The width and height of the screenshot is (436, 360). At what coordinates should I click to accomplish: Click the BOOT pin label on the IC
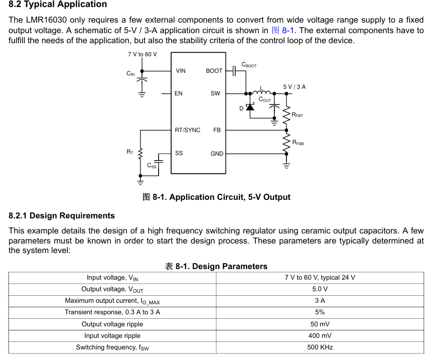coord(214,71)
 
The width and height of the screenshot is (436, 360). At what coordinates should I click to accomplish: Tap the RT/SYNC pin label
coord(187,130)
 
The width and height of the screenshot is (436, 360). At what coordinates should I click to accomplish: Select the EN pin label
coord(179,93)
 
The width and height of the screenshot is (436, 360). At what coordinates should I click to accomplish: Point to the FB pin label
coord(217,130)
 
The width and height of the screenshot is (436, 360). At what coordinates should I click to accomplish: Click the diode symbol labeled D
coord(250,107)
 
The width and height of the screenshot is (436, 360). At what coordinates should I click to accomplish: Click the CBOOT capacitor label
coord(249,65)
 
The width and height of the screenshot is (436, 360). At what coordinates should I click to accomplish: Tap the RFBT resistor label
coord(297,115)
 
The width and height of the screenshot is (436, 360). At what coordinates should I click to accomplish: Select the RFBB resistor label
coord(298,143)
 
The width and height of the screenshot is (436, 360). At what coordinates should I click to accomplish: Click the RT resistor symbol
coord(140,152)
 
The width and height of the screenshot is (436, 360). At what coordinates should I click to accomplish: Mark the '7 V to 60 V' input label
coord(142,54)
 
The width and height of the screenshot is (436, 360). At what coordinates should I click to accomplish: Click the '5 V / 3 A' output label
coord(294,87)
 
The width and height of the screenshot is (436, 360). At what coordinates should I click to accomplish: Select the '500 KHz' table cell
coord(320,347)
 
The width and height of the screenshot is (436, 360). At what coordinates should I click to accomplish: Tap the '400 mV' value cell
coord(320,336)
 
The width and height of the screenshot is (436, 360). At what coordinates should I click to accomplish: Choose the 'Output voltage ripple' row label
coord(112,324)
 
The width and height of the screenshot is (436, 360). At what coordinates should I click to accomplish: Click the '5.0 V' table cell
coord(320,289)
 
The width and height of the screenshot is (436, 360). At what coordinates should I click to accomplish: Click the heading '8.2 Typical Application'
coord(58,5)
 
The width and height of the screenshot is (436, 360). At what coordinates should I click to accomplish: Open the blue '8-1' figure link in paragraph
coord(287,30)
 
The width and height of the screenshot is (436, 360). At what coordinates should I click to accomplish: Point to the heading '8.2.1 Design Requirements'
coord(62,216)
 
